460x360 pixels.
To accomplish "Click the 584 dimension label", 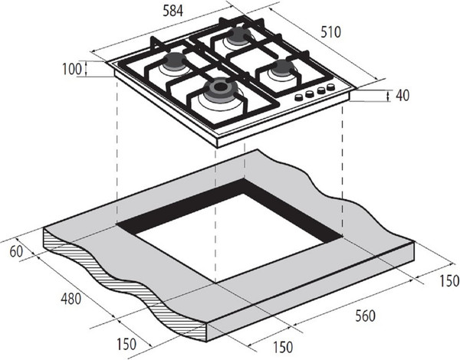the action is (x=172, y=11).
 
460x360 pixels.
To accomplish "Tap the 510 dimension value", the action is (x=330, y=32).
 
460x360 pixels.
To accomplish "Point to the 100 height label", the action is (x=72, y=69).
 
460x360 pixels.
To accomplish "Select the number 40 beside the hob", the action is (x=402, y=95).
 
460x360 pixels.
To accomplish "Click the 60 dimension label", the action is (x=16, y=251).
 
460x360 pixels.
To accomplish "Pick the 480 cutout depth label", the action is (x=71, y=299).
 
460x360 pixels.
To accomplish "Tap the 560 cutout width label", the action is (x=365, y=316).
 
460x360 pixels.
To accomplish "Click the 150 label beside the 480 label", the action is (x=127, y=344).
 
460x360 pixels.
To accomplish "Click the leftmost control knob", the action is (x=299, y=97).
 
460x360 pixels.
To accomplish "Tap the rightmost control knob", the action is (x=331, y=87).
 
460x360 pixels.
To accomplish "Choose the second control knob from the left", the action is (x=310, y=93).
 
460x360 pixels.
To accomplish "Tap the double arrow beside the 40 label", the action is (x=389, y=96).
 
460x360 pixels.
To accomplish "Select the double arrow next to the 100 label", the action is (x=86, y=69).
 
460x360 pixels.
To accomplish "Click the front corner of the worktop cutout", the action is (x=215, y=283).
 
